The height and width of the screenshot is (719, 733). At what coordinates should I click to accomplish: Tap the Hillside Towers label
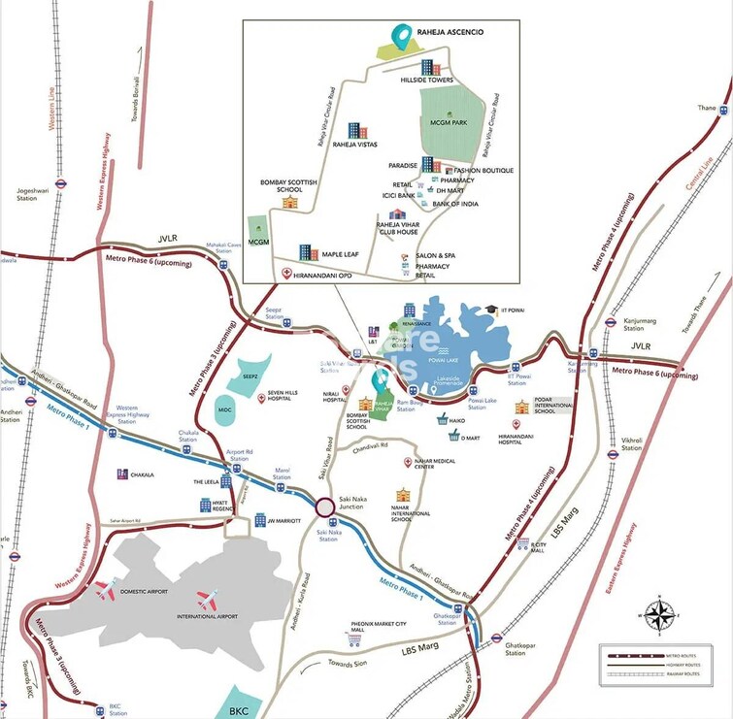pos(428,82)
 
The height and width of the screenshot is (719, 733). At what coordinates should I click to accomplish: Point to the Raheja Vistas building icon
pos(356,130)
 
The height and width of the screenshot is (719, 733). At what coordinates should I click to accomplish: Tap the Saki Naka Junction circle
pos(323,506)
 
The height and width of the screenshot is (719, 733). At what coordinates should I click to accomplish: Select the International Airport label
pos(208,616)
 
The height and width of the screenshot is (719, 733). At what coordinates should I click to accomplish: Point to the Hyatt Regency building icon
pos(205,505)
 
